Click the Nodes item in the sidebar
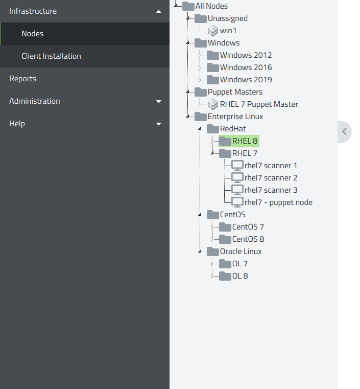[x=33, y=34]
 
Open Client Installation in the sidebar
[x=51, y=56]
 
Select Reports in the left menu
[x=23, y=79]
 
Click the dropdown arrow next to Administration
[x=159, y=102]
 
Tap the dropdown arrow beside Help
[x=159, y=124]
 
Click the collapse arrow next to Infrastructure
[x=159, y=11]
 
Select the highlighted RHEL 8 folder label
[x=245, y=141]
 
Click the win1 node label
[x=228, y=31]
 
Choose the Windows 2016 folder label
[x=246, y=67]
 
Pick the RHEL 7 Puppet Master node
[x=259, y=104]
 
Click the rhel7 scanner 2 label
[x=271, y=178]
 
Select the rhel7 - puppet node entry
[x=278, y=202]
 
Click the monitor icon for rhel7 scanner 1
[x=237, y=166]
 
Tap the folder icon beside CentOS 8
[x=225, y=239]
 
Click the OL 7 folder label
[x=239, y=264]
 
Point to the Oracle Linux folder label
[x=241, y=251]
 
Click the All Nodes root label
[x=211, y=6]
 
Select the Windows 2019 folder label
[x=246, y=80]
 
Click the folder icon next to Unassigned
[x=201, y=18]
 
